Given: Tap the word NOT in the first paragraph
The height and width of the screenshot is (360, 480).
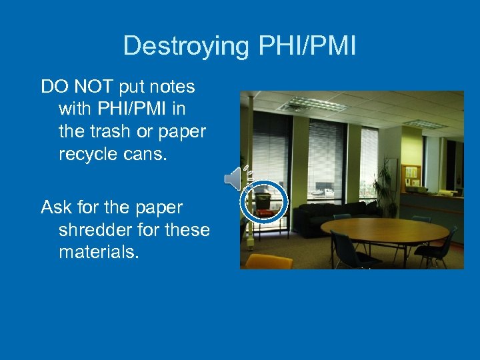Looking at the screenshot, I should click(x=99, y=87).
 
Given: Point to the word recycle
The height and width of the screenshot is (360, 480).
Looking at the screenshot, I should click(x=87, y=155).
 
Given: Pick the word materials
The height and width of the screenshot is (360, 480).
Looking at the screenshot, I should click(x=99, y=253).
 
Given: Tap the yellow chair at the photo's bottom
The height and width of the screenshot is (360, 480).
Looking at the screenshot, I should click(x=267, y=261).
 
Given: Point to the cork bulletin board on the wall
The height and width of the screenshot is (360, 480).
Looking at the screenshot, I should click(x=411, y=175).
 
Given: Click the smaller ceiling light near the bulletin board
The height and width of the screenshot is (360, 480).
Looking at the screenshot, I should click(x=425, y=123).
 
